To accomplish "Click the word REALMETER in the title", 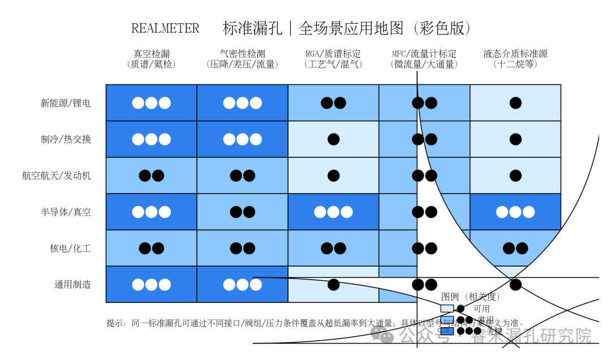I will point(165,28).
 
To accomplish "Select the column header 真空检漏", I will point(152,54).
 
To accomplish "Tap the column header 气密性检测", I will point(242,54).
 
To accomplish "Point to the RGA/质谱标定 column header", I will point(333,54).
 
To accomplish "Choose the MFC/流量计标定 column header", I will point(424,54).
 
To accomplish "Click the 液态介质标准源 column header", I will point(515,54).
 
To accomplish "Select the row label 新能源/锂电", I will point(66,103).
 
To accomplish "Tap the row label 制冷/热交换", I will point(66,139).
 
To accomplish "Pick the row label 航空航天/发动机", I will point(57,175).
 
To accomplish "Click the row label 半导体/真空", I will point(66,212).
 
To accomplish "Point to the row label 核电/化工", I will point(71,248).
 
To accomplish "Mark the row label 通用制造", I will point(72,285).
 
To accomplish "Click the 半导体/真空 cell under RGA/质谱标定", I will point(333,212).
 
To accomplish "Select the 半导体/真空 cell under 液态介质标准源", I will point(515,212).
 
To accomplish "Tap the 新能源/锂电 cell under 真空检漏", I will point(152,103).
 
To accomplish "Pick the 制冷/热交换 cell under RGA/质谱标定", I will point(333,139).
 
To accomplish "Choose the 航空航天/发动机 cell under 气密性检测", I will point(242,175).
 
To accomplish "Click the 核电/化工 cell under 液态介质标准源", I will point(515,248).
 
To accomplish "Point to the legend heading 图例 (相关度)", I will point(471,297).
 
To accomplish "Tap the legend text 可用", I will point(482,309).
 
